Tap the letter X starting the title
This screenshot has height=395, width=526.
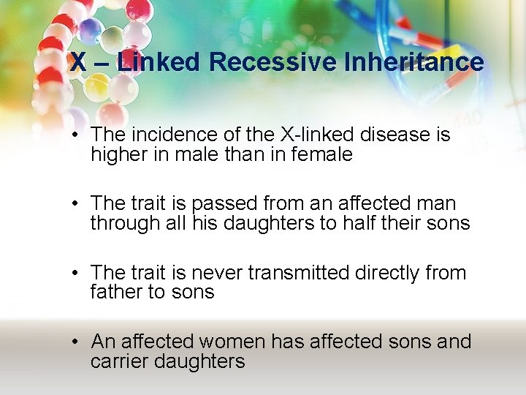[x=77, y=63]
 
